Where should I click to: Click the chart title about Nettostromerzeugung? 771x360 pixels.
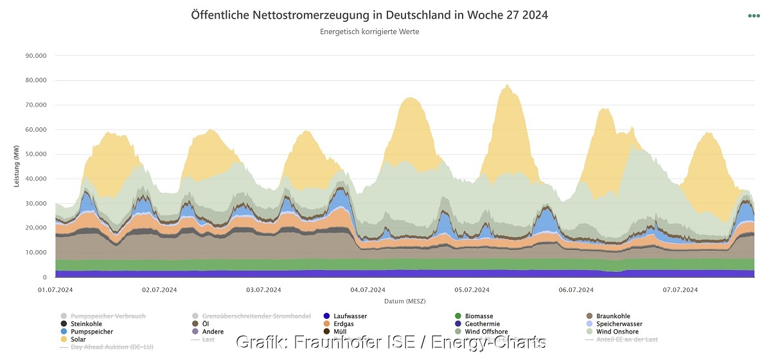point(369,15)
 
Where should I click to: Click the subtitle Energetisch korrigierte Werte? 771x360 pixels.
point(369,32)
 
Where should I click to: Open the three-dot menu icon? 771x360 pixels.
point(754,16)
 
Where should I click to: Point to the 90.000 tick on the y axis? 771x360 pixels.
point(35,56)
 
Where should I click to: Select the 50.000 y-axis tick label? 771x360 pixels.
point(35,154)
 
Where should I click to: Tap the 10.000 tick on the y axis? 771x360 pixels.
point(35,253)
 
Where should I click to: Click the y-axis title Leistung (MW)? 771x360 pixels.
point(17,166)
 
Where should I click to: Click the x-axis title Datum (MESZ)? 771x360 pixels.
point(405,301)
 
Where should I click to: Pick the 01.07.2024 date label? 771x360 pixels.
point(56,290)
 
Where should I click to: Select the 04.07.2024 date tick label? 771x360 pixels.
point(367,290)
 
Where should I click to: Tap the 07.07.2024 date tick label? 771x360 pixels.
point(680,290)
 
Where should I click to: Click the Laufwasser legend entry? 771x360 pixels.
point(349,316)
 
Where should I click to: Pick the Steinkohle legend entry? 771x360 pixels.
point(85,324)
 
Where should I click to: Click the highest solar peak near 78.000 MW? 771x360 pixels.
point(508,85)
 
